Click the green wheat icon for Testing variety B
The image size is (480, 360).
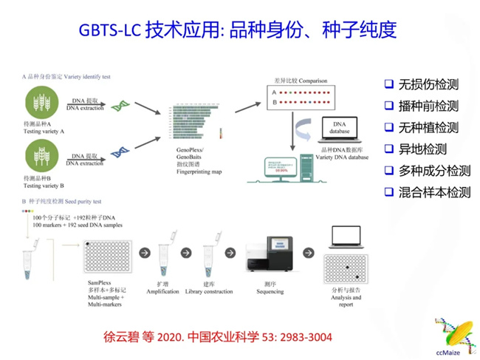tap(43, 157)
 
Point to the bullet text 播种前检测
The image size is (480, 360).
tap(428, 106)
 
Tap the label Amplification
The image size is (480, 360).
tap(170, 293)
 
